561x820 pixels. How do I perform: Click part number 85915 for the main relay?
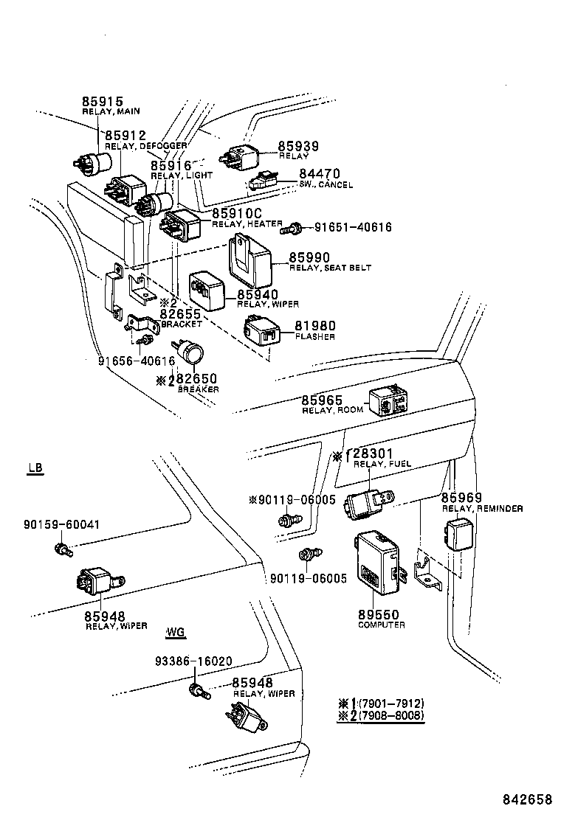tap(102, 102)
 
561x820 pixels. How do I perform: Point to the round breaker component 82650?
tap(193, 354)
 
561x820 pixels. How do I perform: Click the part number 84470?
tap(320, 174)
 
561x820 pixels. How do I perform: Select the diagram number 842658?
tap(528, 799)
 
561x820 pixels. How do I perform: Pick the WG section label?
tap(176, 632)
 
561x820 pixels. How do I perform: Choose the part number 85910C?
tap(236, 213)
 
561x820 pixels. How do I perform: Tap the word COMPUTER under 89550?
tap(381, 625)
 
